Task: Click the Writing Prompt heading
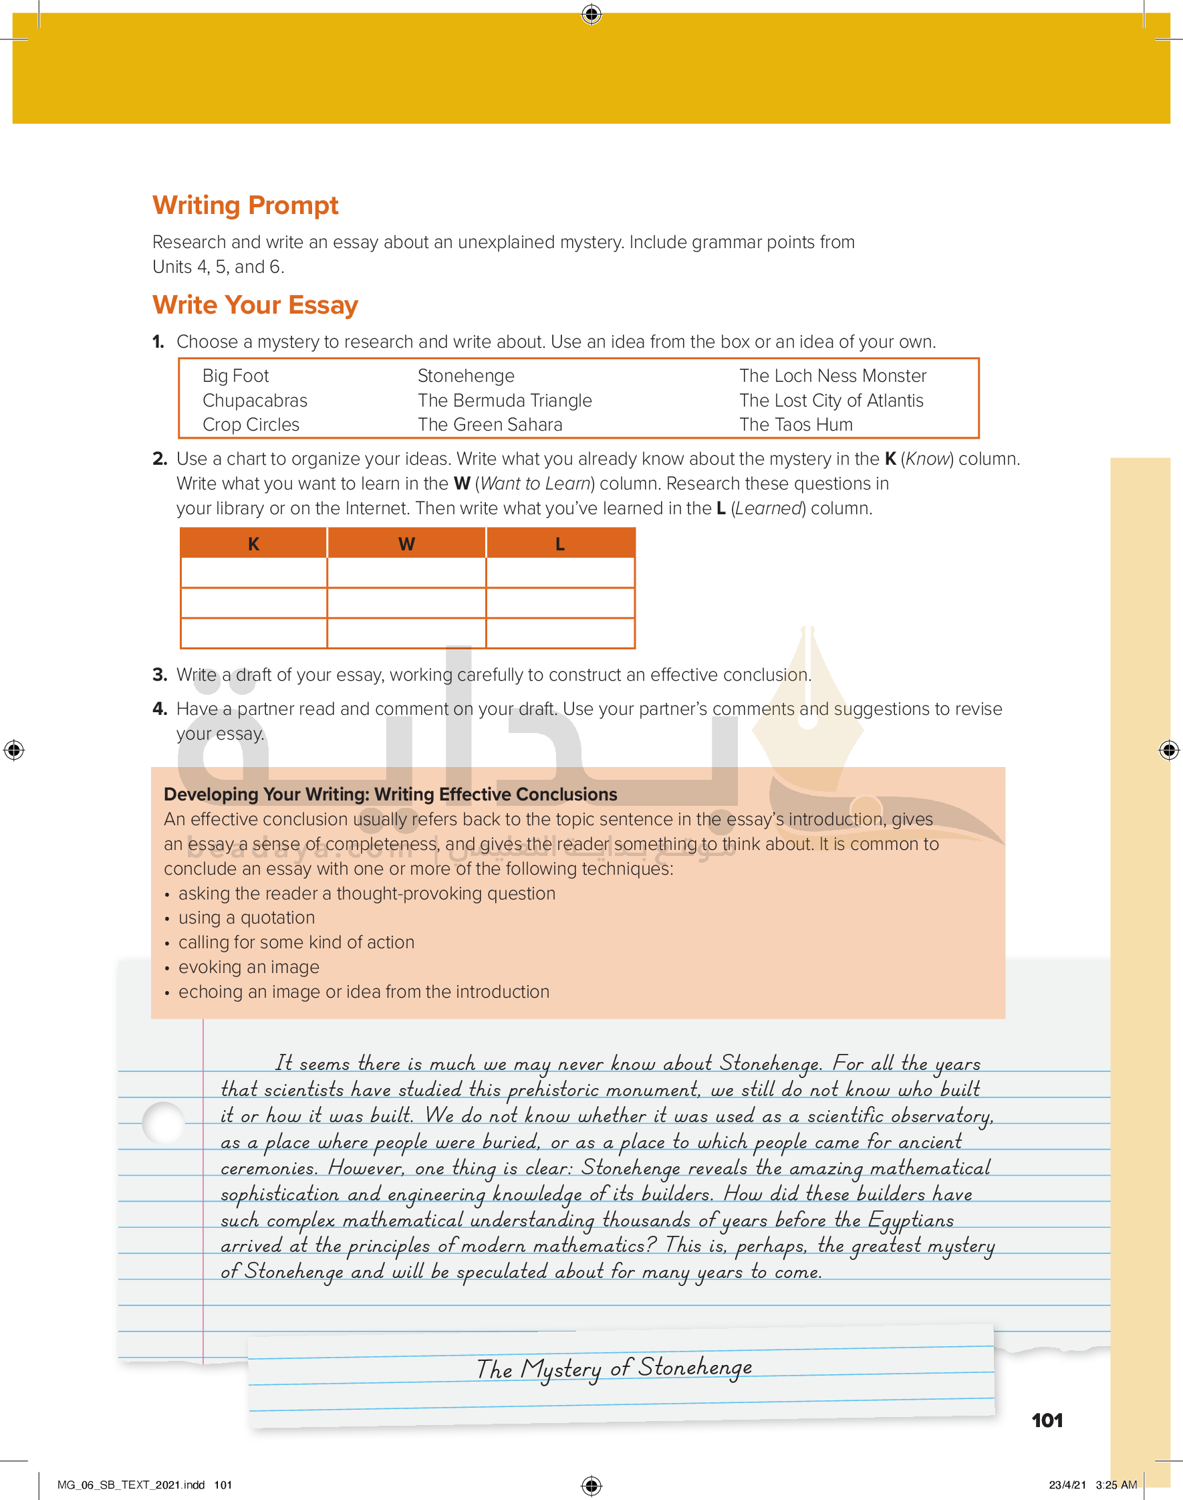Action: pyautogui.click(x=245, y=205)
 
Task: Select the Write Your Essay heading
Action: pyautogui.click(x=255, y=305)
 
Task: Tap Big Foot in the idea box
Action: pyautogui.click(x=235, y=376)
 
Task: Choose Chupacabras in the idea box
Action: pyautogui.click(x=255, y=401)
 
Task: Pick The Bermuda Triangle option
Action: pyautogui.click(x=504, y=401)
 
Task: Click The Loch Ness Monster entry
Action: pyautogui.click(x=832, y=376)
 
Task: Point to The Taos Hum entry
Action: pyautogui.click(x=796, y=425)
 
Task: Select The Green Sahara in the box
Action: pyautogui.click(x=490, y=425)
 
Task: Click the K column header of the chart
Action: pyautogui.click(x=253, y=544)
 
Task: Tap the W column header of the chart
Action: pyautogui.click(x=406, y=544)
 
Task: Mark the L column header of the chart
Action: pyautogui.click(x=559, y=544)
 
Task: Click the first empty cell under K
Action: pyautogui.click(x=253, y=573)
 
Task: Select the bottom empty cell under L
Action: pyautogui.click(x=559, y=633)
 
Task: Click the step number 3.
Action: pyautogui.click(x=159, y=675)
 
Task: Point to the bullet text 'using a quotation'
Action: pyautogui.click(x=247, y=918)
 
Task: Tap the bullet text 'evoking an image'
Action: pyautogui.click(x=249, y=967)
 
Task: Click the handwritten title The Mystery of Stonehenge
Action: pyautogui.click(x=614, y=1368)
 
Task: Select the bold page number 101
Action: pyautogui.click(x=1047, y=1420)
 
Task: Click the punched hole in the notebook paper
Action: pyautogui.click(x=164, y=1122)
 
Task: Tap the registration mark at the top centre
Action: pyautogui.click(x=591, y=14)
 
